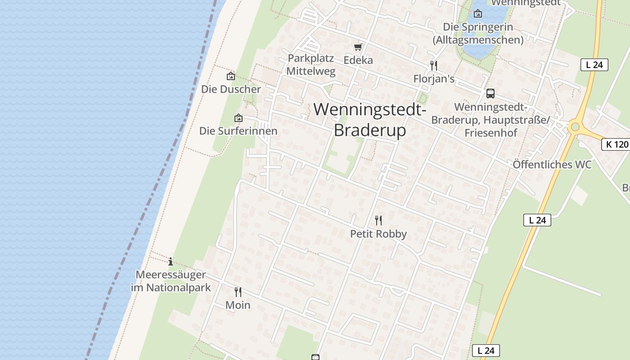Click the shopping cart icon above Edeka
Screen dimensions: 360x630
pyautogui.click(x=358, y=46)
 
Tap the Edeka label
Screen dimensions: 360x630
pyautogui.click(x=358, y=60)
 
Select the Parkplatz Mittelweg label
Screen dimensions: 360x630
pyautogui.click(x=310, y=64)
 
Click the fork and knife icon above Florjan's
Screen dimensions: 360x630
pyautogui.click(x=434, y=66)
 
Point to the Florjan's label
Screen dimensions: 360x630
pyautogui.click(x=434, y=79)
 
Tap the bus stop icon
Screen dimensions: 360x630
pyautogui.click(x=490, y=94)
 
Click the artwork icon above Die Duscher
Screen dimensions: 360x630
pyautogui.click(x=231, y=76)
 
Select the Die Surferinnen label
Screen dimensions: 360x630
pyautogui.click(x=238, y=131)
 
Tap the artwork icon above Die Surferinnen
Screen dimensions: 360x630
pyautogui.click(x=238, y=118)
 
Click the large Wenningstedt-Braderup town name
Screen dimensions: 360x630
pyautogui.click(x=370, y=120)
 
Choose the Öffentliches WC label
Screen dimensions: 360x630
pyautogui.click(x=552, y=164)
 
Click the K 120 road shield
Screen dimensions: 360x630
pyautogui.click(x=615, y=144)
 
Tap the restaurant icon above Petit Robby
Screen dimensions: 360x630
pyautogui.click(x=378, y=220)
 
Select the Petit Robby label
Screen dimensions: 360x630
pyautogui.click(x=378, y=234)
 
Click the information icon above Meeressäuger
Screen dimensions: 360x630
pyautogui.click(x=171, y=261)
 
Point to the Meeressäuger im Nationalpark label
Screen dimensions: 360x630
pyautogui.click(x=171, y=281)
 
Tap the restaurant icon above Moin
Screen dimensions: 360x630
pyautogui.click(x=238, y=292)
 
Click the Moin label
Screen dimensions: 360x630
pyautogui.click(x=238, y=305)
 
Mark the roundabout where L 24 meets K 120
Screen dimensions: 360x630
pyautogui.click(x=575, y=126)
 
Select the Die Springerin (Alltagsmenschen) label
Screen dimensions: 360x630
pyautogui.click(x=478, y=33)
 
